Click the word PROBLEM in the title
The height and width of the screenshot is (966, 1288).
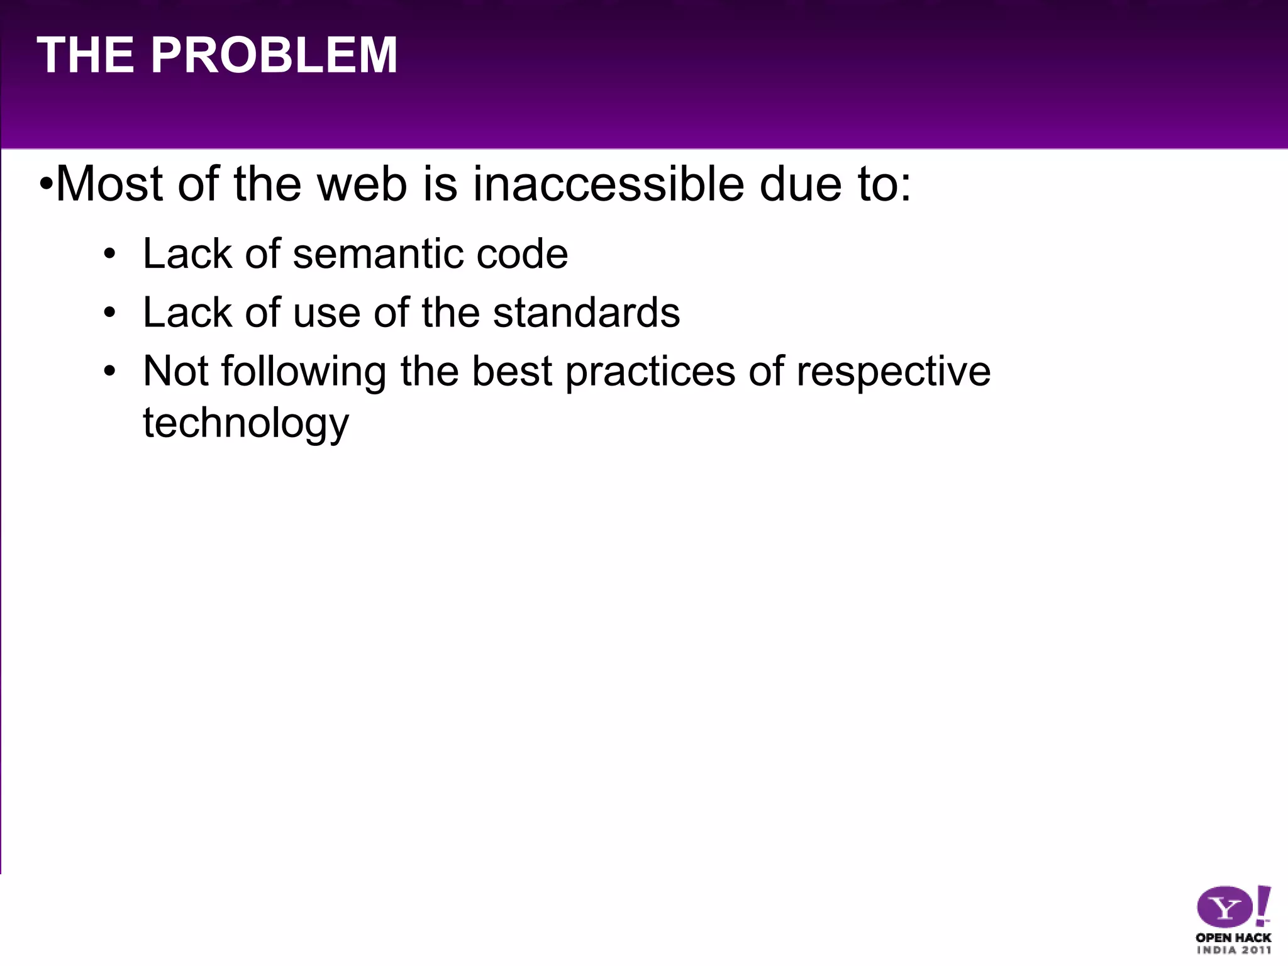click(x=274, y=55)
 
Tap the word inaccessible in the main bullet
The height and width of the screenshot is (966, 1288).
click(x=608, y=184)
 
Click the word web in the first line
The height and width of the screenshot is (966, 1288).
click(x=362, y=184)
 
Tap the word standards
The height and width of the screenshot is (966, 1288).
click(x=586, y=313)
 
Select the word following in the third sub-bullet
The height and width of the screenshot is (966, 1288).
click(x=303, y=372)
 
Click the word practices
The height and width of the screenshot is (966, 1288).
click(x=650, y=372)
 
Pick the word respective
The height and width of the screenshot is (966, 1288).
click(x=893, y=372)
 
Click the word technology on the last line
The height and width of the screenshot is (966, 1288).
click(x=245, y=424)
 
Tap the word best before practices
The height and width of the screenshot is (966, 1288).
click(x=512, y=371)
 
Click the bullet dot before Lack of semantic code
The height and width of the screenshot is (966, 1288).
click(x=110, y=255)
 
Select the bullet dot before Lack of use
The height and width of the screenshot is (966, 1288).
click(x=110, y=313)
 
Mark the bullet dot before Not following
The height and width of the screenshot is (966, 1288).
click(x=110, y=372)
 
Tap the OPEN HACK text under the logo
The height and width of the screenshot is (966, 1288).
click(x=1233, y=937)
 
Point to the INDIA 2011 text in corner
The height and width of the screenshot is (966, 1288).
click(x=1233, y=950)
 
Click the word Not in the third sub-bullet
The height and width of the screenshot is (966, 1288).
click(x=175, y=371)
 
